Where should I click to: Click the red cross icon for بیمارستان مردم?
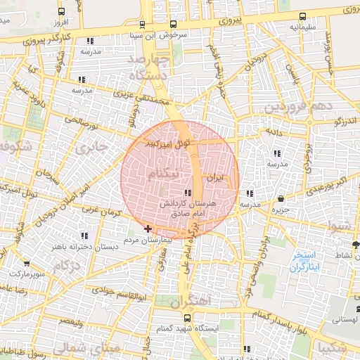point(147,229)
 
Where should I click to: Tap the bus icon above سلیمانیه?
point(302,16)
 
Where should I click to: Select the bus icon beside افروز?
point(61,12)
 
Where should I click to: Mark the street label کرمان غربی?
point(98,210)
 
